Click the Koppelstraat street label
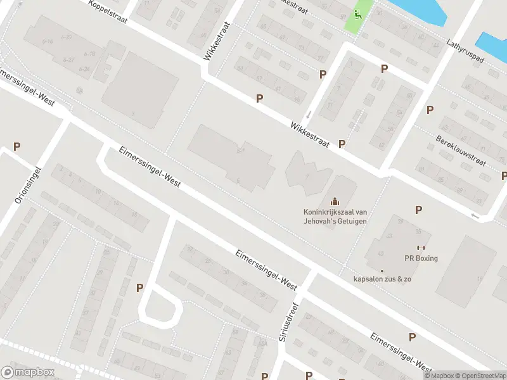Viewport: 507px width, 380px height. (x=109, y=10)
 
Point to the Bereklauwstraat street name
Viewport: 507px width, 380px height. (x=460, y=150)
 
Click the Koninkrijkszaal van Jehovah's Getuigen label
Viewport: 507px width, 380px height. (x=334, y=217)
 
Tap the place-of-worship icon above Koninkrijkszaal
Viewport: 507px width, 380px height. (x=334, y=201)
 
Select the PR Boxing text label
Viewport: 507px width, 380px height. (x=421, y=258)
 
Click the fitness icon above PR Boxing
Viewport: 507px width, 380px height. (x=421, y=248)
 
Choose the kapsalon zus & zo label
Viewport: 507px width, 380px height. (x=382, y=279)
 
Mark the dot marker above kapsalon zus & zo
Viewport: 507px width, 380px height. (x=382, y=270)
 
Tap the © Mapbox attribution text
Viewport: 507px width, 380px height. (x=438, y=376)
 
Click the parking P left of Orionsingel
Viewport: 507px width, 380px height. (x=17, y=147)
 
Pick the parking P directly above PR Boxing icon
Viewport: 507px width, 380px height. (x=418, y=210)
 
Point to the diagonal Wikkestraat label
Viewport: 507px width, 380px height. (x=310, y=134)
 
